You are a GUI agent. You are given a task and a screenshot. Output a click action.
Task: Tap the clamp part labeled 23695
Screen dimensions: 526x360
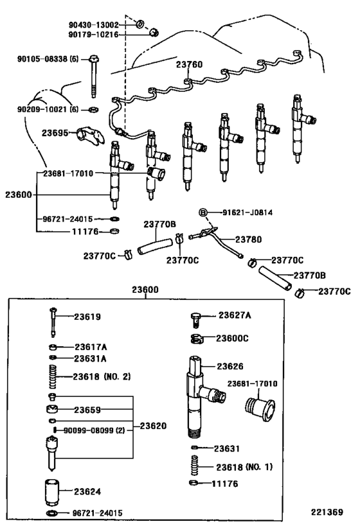point(87,134)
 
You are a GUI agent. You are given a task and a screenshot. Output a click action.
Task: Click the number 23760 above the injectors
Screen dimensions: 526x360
point(190,65)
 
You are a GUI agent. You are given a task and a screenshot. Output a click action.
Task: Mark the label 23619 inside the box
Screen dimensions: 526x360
point(87,317)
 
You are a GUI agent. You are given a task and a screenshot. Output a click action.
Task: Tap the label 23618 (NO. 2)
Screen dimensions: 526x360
point(102,376)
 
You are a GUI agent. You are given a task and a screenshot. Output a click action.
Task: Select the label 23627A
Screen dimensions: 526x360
point(234,315)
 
